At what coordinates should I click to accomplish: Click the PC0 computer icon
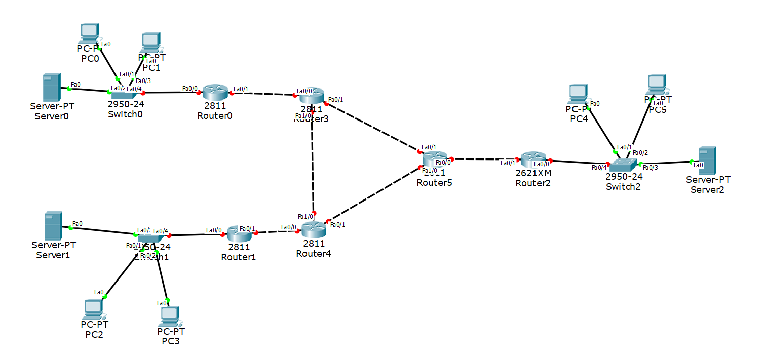coord(89,34)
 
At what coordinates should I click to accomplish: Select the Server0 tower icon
coord(51,87)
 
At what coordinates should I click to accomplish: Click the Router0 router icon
coord(216,92)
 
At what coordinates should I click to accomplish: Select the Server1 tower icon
coord(52,225)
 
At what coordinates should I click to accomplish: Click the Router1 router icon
coord(239,233)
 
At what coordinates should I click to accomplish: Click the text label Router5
coord(434,183)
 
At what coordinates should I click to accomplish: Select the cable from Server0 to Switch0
coord(89,91)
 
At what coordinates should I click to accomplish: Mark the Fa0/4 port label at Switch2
coord(599,167)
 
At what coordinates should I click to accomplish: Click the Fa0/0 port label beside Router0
coord(189,88)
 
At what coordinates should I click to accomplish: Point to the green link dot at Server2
coord(691,162)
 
